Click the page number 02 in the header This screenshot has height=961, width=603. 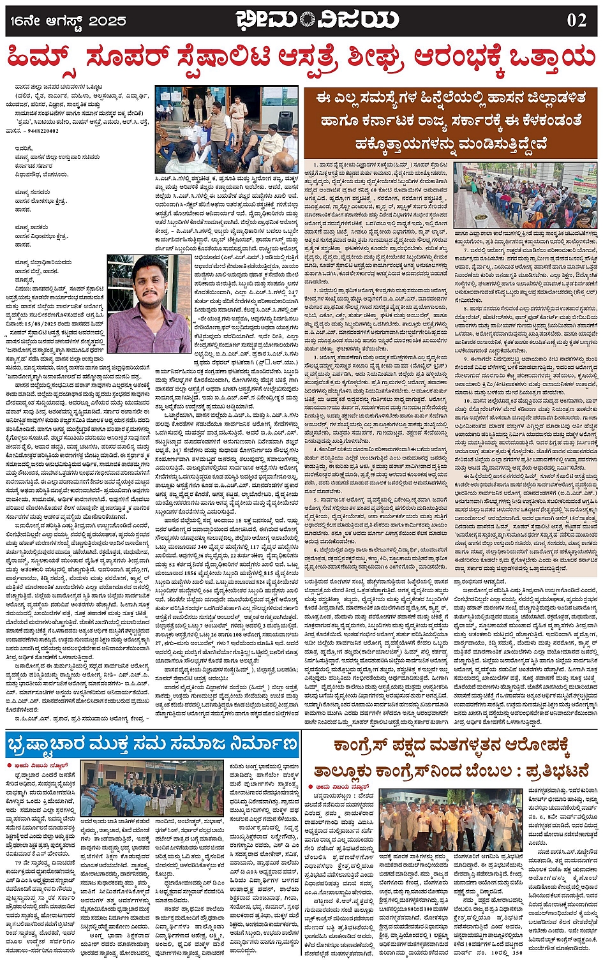(x=576, y=20)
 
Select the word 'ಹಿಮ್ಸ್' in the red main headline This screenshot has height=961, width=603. (x=48, y=59)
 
